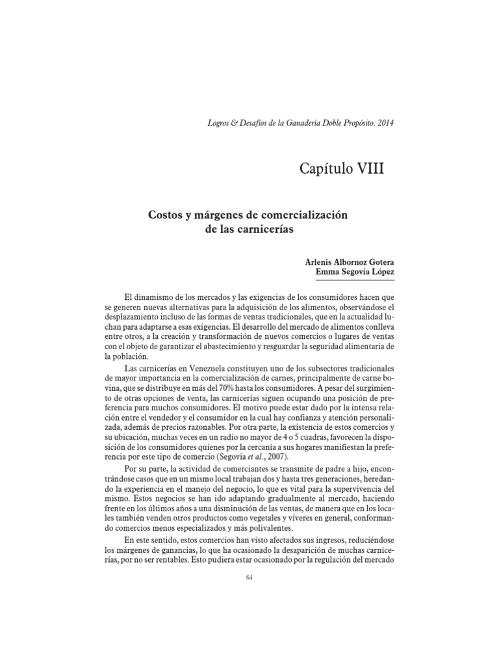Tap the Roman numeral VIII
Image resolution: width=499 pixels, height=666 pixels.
(369, 170)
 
